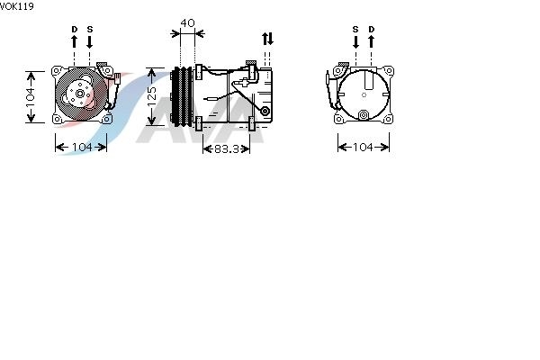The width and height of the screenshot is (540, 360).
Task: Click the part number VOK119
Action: click(16, 6)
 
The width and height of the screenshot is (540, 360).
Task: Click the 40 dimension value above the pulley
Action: click(188, 23)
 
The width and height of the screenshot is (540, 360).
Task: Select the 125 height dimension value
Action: click(152, 97)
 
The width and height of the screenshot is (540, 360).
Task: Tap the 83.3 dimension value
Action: click(226, 148)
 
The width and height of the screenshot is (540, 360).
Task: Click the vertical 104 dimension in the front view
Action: click(31, 97)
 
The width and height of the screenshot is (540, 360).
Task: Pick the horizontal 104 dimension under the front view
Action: click(82, 147)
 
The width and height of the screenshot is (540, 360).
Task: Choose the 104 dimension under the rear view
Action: click(363, 147)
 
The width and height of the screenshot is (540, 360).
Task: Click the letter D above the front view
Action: click(75, 30)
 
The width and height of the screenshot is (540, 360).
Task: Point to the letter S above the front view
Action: click(90, 30)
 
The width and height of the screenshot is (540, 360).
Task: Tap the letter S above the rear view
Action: click(355, 30)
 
